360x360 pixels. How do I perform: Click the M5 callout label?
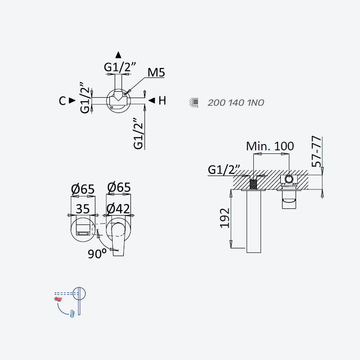click(x=156, y=72)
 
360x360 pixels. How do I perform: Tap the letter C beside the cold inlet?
click(x=62, y=101)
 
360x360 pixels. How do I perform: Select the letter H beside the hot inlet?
click(x=162, y=100)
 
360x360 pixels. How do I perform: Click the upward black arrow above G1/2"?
click(x=118, y=55)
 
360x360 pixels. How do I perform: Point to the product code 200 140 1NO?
click(x=236, y=103)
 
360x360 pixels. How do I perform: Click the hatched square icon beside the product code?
click(x=194, y=103)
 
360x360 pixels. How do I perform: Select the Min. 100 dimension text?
click(x=270, y=146)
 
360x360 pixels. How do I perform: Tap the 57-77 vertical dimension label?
click(x=316, y=151)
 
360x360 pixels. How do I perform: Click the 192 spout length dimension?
click(x=225, y=218)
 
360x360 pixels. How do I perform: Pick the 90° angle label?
click(x=97, y=254)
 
